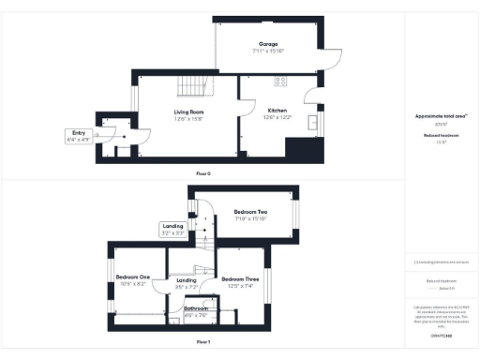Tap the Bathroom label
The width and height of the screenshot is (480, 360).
[x=196, y=312]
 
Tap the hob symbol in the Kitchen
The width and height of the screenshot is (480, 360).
[x=303, y=147]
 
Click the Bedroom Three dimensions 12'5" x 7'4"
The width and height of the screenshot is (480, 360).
[x=239, y=286]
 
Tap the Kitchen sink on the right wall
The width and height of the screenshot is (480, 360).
[x=312, y=121]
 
